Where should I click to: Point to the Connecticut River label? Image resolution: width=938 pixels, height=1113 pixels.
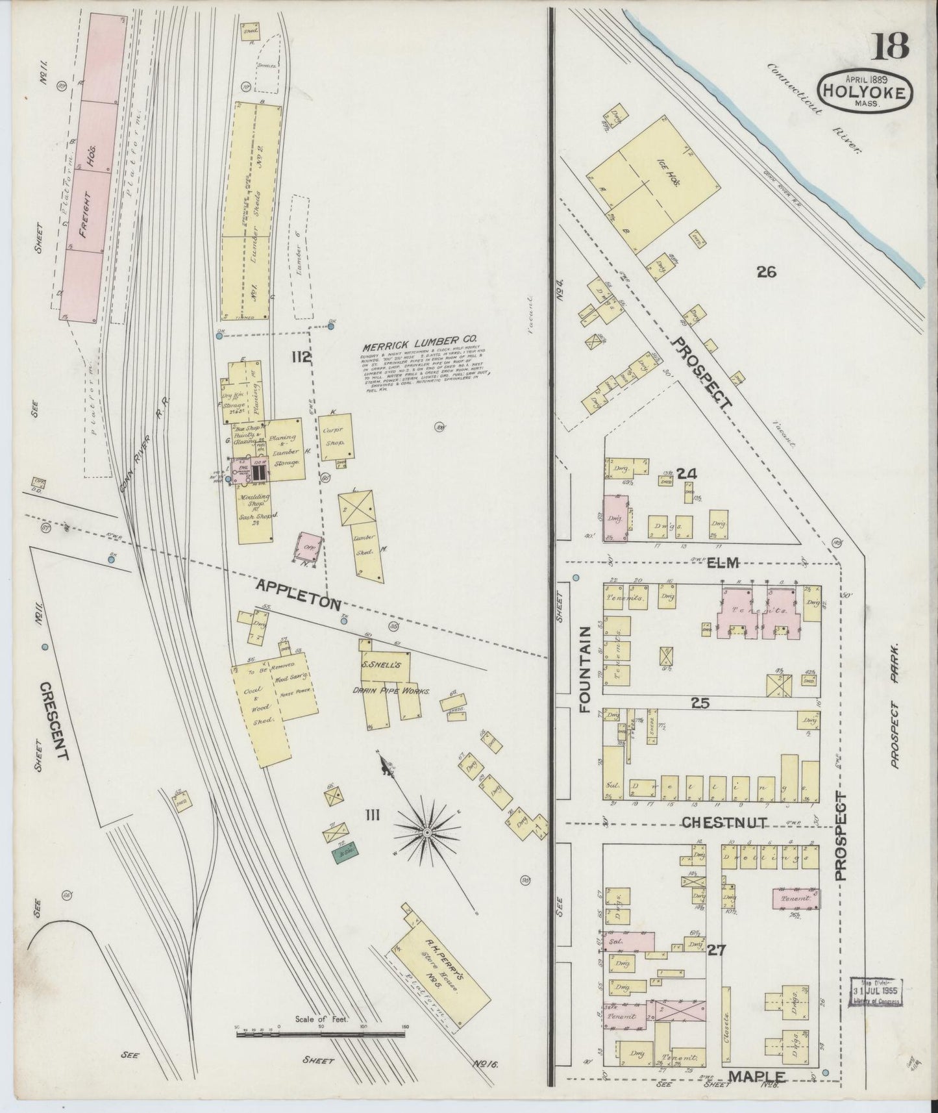coord(815,107)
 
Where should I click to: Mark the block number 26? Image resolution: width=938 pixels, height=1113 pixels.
coord(766,272)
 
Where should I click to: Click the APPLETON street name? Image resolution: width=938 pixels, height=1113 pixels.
coord(299,594)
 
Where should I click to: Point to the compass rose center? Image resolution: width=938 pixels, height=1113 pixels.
coord(427,832)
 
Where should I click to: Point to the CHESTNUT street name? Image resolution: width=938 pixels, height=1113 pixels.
coord(724,823)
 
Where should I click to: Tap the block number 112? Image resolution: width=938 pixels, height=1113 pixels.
coord(301,356)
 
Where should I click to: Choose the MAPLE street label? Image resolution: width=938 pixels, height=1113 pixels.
coord(757,1076)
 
